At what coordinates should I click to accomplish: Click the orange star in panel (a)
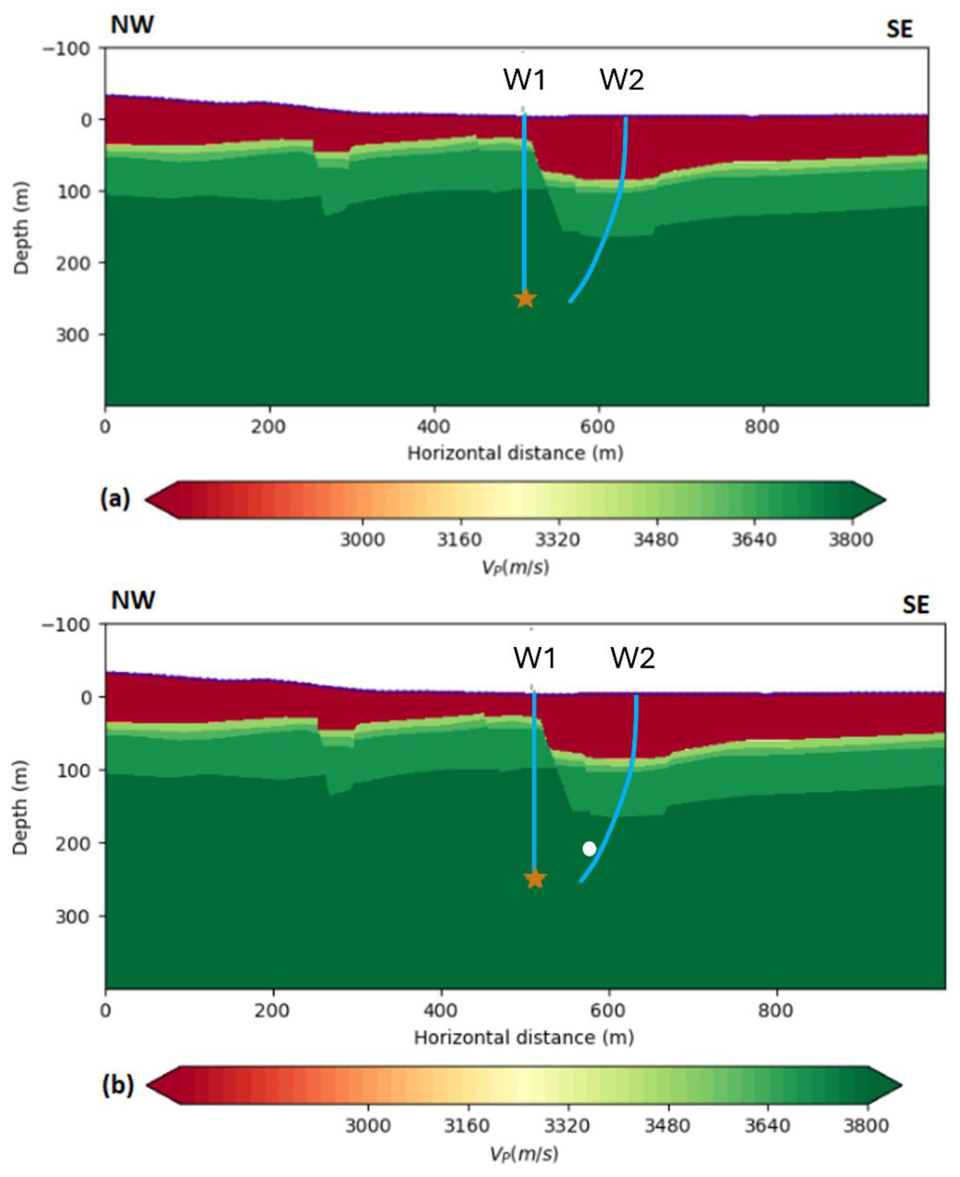click(525, 298)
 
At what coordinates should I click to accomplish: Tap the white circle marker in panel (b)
click(590, 849)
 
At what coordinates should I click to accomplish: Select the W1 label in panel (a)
click(524, 80)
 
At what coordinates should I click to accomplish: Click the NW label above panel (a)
click(132, 26)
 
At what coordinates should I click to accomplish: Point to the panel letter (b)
click(118, 1086)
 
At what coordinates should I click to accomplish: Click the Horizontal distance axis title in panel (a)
click(515, 453)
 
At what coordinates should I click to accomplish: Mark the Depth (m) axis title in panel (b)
click(21, 807)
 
